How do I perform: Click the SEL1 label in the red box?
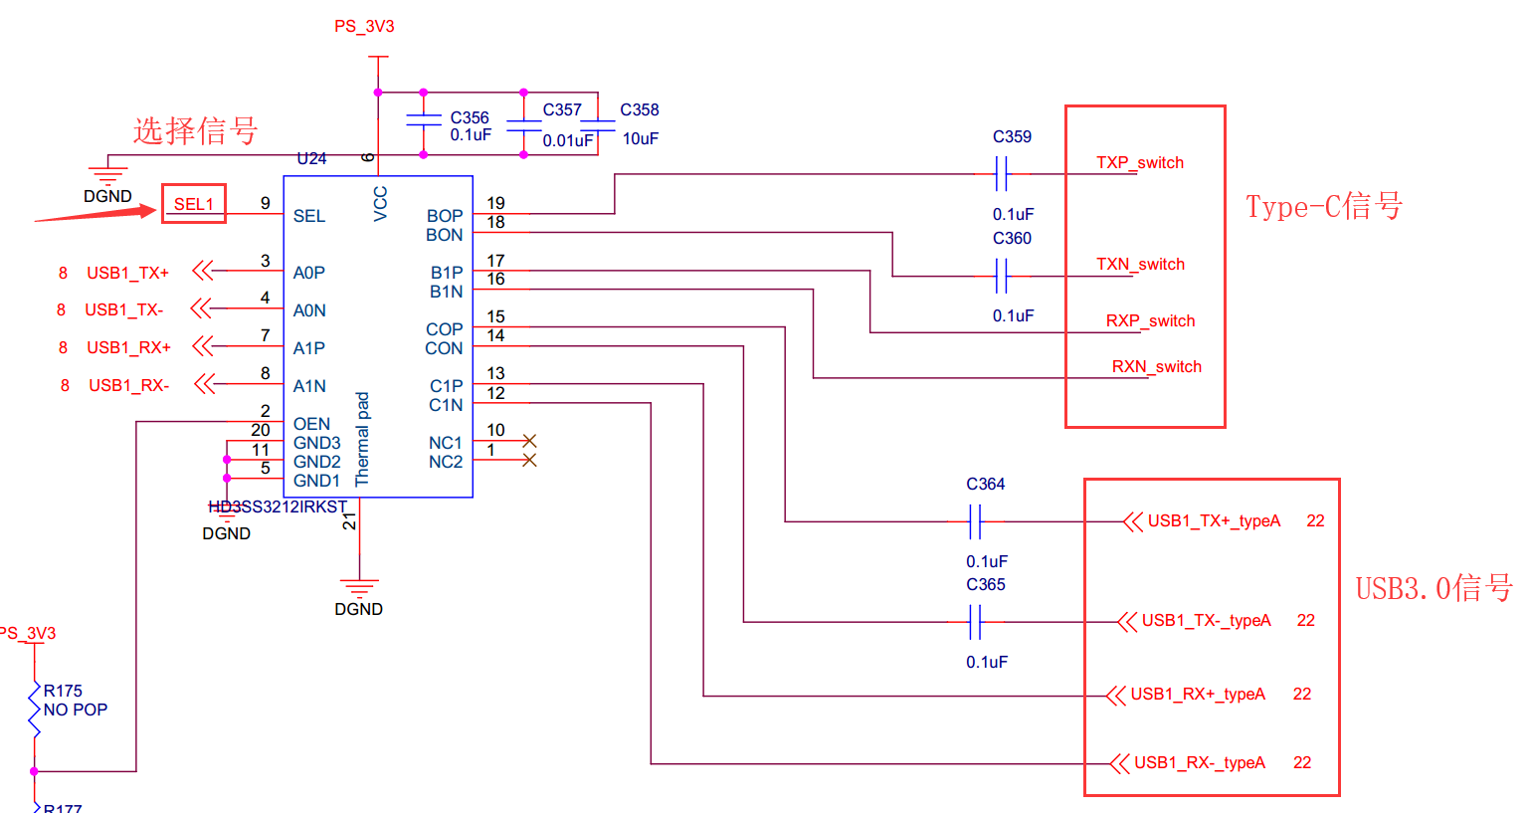pyautogui.click(x=194, y=204)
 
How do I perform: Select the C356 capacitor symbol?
pyautogui.click(x=424, y=119)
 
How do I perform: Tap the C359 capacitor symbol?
pyautogui.click(x=1002, y=175)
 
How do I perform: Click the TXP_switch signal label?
pyautogui.click(x=1140, y=163)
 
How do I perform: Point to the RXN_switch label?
pyautogui.click(x=1156, y=367)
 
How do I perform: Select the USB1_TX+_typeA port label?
pyautogui.click(x=1213, y=521)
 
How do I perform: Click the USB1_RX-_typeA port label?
pyautogui.click(x=1199, y=763)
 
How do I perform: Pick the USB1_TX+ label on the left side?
pyautogui.click(x=127, y=273)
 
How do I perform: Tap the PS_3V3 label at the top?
pyautogui.click(x=364, y=27)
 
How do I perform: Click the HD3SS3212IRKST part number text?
pyautogui.click(x=278, y=507)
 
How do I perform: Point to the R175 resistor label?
pyautogui.click(x=63, y=691)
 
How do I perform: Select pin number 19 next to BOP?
pyautogui.click(x=495, y=203)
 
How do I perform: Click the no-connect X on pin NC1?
pyautogui.click(x=529, y=441)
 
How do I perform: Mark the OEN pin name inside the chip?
pyautogui.click(x=311, y=424)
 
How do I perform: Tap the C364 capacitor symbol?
pyautogui.click(x=976, y=521)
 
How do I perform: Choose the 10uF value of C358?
pyautogui.click(x=640, y=139)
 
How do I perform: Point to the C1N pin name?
pyautogui.click(x=446, y=405)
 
